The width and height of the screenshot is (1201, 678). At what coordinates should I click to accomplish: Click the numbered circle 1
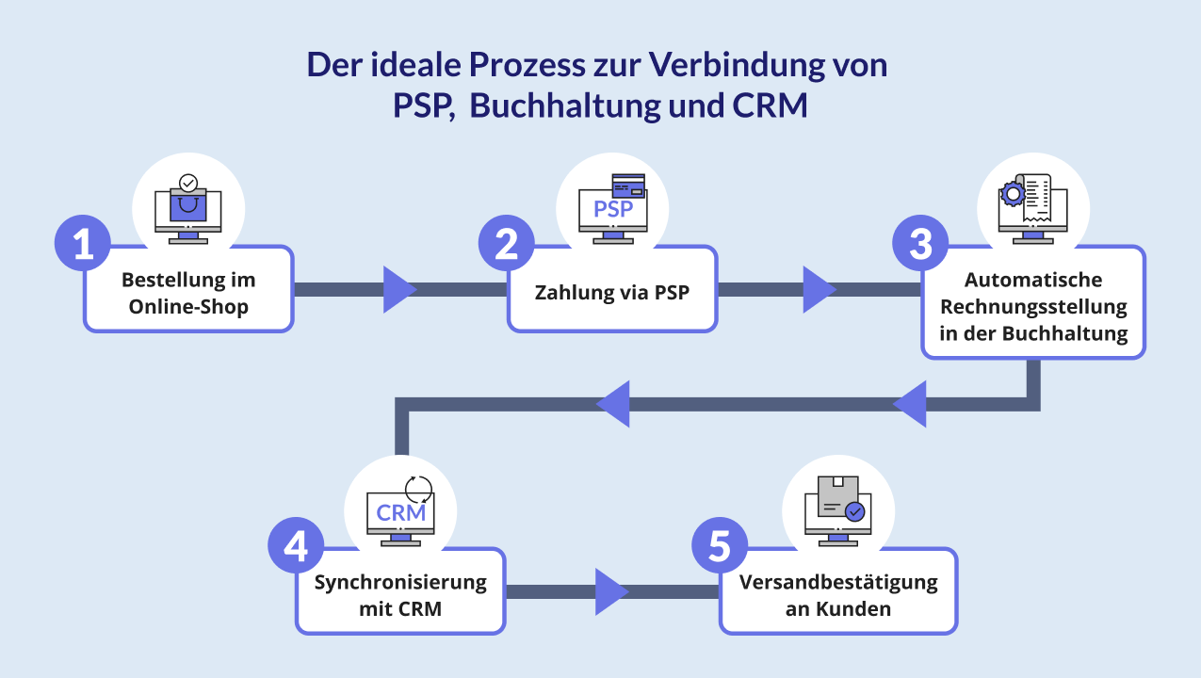point(83,245)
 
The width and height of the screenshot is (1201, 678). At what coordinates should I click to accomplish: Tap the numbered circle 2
point(507,245)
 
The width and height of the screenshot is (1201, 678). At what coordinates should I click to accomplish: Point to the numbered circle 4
point(296,546)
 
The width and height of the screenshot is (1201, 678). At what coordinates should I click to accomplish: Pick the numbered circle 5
point(720,546)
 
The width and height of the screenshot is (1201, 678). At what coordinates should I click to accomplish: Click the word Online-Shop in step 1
point(188,307)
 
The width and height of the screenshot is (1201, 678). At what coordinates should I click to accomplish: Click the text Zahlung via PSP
point(611,292)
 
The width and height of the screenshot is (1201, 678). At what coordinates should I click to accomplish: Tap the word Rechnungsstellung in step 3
point(1033,307)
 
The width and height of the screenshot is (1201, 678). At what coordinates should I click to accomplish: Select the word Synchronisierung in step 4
point(400,582)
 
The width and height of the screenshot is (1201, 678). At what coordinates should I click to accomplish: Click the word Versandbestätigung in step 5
point(838,582)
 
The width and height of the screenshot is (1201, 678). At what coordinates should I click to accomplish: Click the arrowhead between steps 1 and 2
point(399,289)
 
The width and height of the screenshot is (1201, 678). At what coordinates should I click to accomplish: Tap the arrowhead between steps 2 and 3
point(819,289)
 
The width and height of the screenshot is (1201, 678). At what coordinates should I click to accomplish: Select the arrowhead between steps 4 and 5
point(611,591)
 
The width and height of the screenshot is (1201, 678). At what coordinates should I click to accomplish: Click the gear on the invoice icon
point(1013,194)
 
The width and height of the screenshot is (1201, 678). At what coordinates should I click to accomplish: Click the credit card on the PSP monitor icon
point(627,184)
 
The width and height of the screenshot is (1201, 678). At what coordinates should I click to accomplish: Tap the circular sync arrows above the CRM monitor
point(417,488)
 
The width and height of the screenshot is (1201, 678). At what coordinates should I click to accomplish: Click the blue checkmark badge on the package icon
point(854,511)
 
